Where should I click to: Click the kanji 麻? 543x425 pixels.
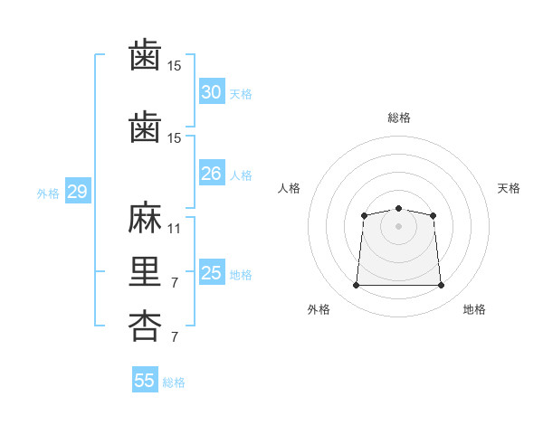(x=145, y=219)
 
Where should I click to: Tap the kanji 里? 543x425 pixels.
(x=145, y=272)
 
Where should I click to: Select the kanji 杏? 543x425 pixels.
(x=145, y=326)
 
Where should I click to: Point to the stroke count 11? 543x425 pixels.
(x=175, y=229)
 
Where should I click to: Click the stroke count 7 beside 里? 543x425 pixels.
(x=174, y=283)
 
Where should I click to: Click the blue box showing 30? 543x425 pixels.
(x=212, y=92)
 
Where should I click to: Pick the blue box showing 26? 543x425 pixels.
(x=212, y=174)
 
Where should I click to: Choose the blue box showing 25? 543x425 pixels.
(x=212, y=273)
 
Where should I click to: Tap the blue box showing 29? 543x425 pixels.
(x=77, y=192)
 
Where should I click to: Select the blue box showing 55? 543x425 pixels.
(x=145, y=381)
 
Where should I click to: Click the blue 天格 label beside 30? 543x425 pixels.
(x=241, y=94)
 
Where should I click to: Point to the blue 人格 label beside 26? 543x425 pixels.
(x=241, y=175)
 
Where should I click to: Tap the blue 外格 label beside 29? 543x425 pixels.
(x=48, y=194)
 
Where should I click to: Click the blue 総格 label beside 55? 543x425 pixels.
(x=174, y=382)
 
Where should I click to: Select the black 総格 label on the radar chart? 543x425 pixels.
(x=399, y=118)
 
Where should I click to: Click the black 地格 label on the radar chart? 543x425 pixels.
(x=474, y=309)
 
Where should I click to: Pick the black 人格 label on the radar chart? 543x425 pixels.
(x=290, y=188)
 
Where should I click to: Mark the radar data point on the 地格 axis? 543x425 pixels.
(x=442, y=286)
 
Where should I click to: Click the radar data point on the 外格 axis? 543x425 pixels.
(x=356, y=286)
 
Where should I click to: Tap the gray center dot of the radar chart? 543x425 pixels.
(x=398, y=226)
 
